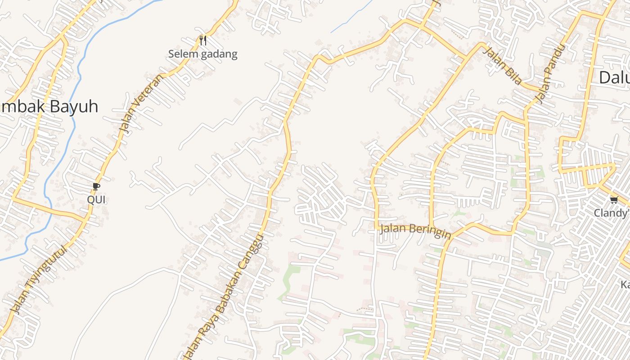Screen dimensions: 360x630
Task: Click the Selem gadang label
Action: tap(202, 54)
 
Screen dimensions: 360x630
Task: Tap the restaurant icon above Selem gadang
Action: tap(203, 40)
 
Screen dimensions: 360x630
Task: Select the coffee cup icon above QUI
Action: tap(96, 186)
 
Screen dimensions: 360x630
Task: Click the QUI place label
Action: tap(96, 199)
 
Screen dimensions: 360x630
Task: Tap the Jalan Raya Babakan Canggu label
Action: tap(224, 297)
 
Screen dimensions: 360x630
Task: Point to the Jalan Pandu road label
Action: tap(549, 74)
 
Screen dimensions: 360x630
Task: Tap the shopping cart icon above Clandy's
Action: tap(614, 199)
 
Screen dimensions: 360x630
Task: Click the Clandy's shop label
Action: tap(611, 212)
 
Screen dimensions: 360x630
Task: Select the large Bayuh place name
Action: tap(72, 107)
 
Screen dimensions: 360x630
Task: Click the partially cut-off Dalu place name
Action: tap(614, 77)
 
